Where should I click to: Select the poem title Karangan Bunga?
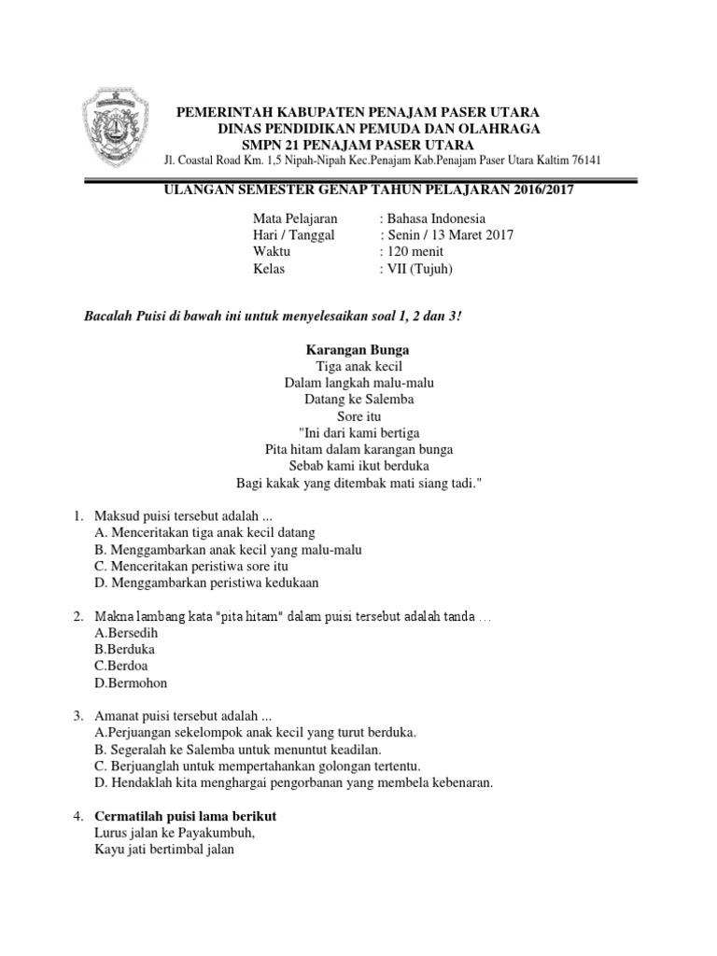(x=358, y=349)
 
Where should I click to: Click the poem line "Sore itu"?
(x=358, y=416)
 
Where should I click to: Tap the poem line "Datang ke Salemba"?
(x=358, y=400)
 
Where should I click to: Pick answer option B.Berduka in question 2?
(x=125, y=649)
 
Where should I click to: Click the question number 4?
(x=77, y=816)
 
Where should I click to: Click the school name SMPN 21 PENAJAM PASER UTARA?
(x=358, y=144)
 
